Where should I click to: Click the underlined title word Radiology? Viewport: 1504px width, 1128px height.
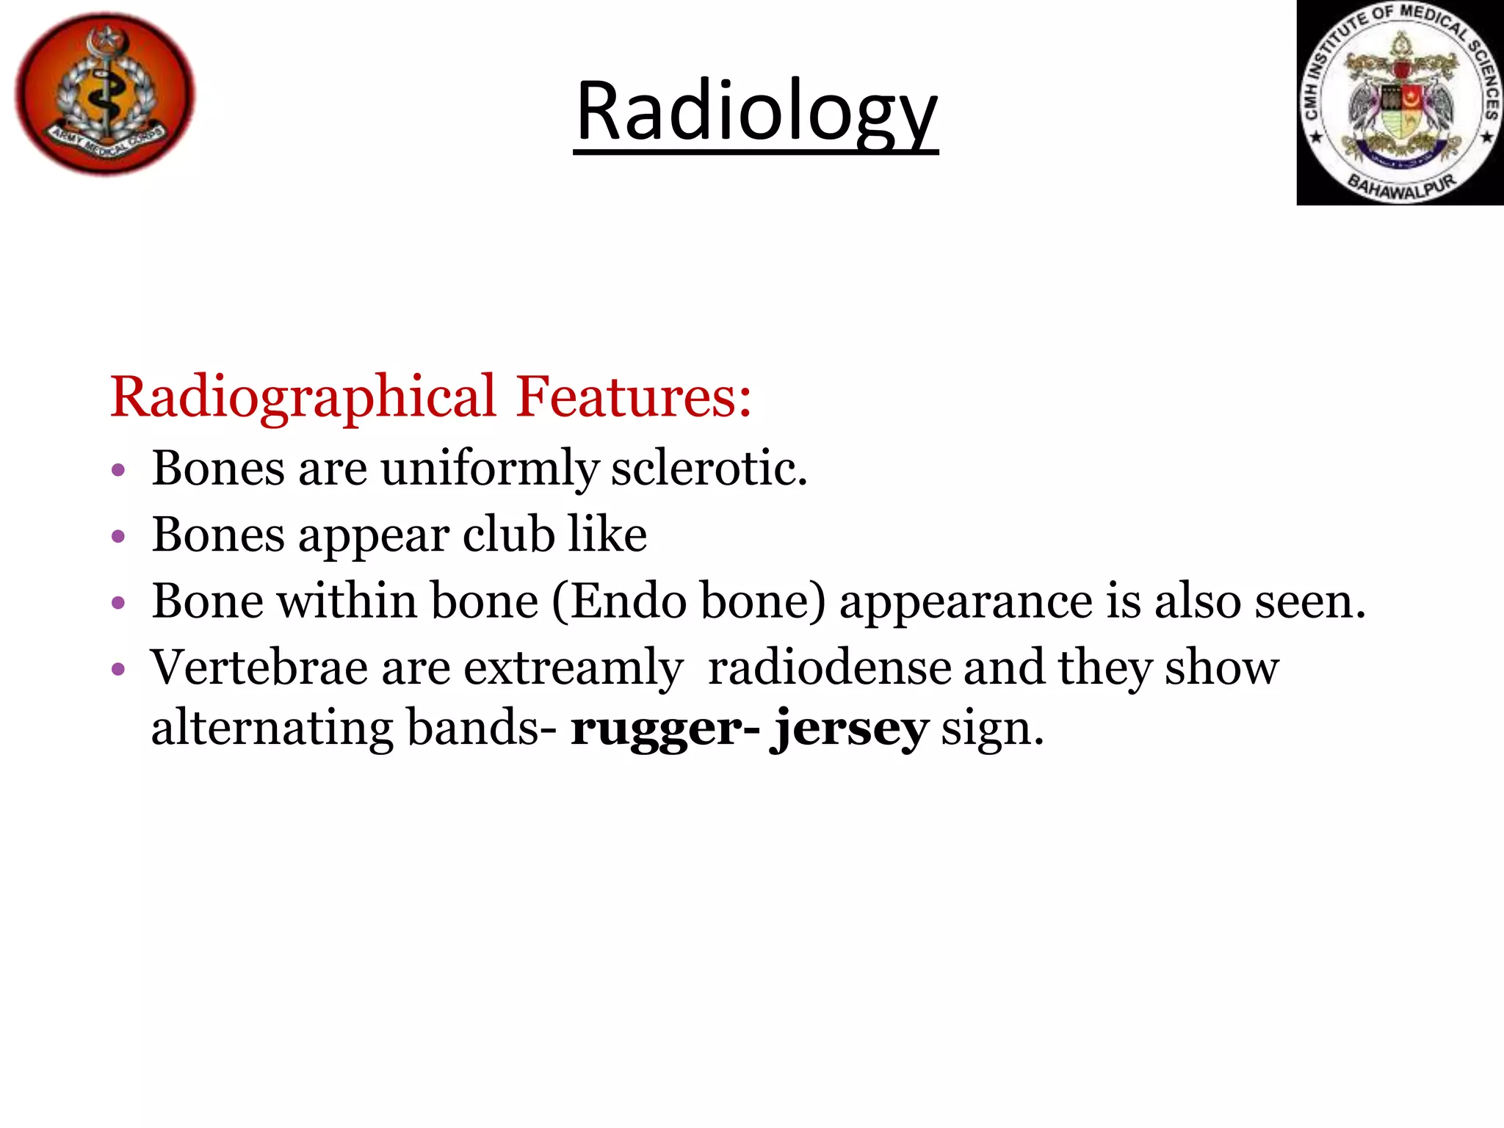pyautogui.click(x=756, y=112)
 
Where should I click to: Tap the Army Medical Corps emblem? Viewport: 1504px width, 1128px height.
pyautogui.click(x=105, y=94)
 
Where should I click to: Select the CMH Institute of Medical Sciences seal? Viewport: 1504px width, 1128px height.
pyautogui.click(x=1400, y=103)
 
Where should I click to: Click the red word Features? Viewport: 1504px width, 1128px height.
pyautogui.click(x=633, y=397)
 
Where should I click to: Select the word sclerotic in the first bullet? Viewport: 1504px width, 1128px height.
pyautogui.click(x=709, y=468)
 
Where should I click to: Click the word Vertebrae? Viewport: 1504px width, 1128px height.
pyautogui.click(x=259, y=668)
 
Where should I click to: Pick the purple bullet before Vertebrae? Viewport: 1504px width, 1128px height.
pyautogui.click(x=118, y=670)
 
